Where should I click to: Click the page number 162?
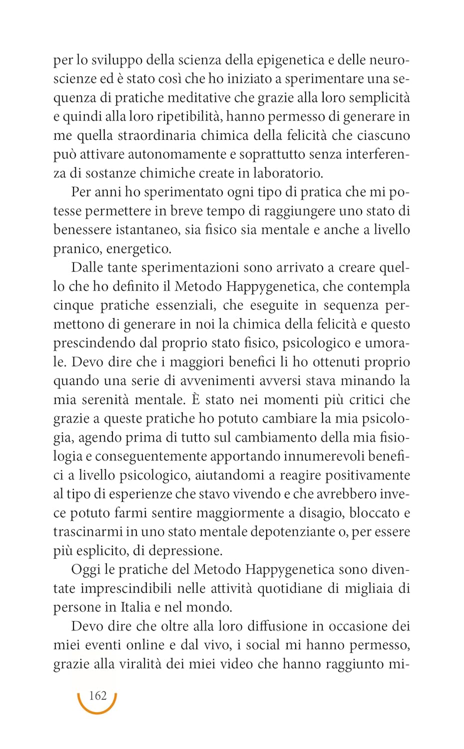click(x=97, y=696)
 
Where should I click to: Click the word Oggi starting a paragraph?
click(x=86, y=570)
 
